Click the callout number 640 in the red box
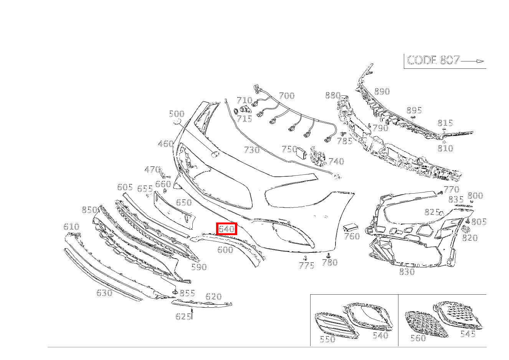point(226,229)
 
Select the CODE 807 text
point(433,60)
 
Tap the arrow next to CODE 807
point(472,61)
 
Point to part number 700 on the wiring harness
point(286,96)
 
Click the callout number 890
point(382,92)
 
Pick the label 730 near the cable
point(252,150)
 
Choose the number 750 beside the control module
point(289,149)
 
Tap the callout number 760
point(352,236)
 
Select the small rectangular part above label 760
point(350,227)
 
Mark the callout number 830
point(407,272)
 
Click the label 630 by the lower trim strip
point(104,293)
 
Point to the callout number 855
point(187,293)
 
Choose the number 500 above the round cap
point(177,114)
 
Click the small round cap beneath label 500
point(177,122)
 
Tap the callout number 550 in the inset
point(327,339)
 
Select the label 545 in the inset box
point(468,334)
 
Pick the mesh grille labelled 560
point(426,324)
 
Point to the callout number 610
point(71,227)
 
